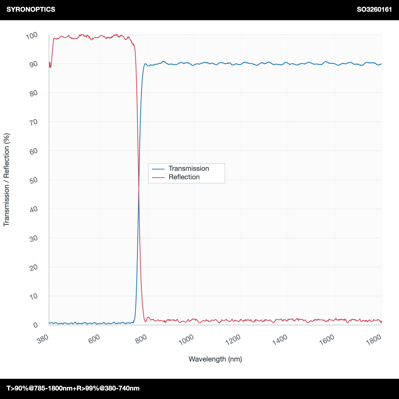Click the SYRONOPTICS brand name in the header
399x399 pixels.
(x=31, y=9)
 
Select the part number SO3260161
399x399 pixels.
(x=374, y=10)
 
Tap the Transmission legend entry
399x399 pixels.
(x=189, y=168)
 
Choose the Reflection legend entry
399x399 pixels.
(x=184, y=177)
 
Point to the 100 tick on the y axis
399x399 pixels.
(x=32, y=35)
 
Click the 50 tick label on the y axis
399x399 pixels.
(x=34, y=180)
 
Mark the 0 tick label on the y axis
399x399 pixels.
(x=36, y=325)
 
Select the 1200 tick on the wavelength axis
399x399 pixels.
(x=233, y=340)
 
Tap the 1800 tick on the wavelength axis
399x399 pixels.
(x=374, y=340)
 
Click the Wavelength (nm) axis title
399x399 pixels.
(x=215, y=359)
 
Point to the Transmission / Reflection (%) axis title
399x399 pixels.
(x=6, y=180)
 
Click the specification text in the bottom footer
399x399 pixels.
(x=73, y=388)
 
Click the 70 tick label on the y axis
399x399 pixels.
(x=34, y=122)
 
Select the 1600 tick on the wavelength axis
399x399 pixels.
(x=327, y=340)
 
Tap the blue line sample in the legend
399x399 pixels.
(x=158, y=169)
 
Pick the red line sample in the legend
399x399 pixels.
(x=158, y=177)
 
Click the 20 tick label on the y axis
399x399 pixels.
(x=34, y=267)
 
